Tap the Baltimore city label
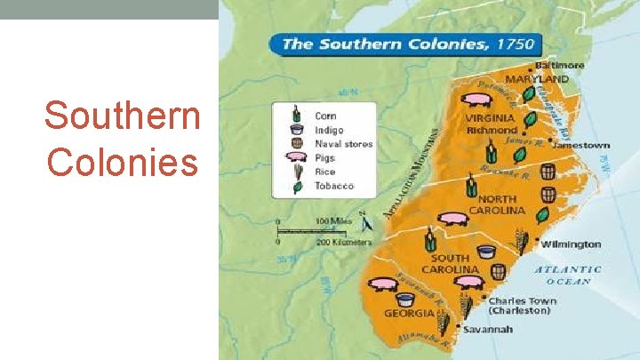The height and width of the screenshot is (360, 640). pyautogui.click(x=559, y=65)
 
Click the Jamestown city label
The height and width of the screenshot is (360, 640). pyautogui.click(x=585, y=145)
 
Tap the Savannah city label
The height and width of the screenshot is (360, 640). pyautogui.click(x=487, y=330)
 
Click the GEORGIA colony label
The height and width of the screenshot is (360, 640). pyautogui.click(x=409, y=313)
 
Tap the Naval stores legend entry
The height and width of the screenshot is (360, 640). pyautogui.click(x=343, y=144)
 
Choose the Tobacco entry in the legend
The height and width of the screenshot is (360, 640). pyautogui.click(x=333, y=186)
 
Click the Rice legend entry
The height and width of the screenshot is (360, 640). pyautogui.click(x=325, y=172)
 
